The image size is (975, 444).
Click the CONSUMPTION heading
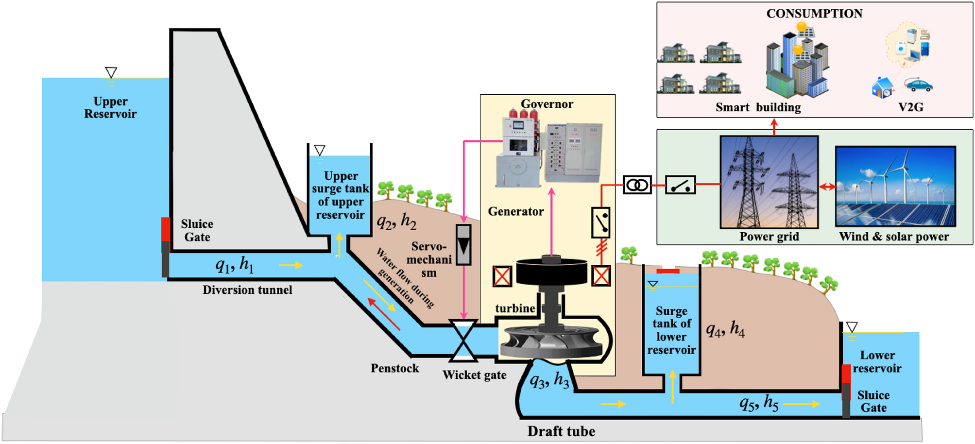[814, 13]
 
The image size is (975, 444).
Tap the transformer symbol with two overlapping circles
[637, 185]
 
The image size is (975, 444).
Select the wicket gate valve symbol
[463, 341]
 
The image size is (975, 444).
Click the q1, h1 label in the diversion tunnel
[235, 265]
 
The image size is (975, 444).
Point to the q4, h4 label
[725, 330]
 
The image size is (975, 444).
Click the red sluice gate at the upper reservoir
[166, 230]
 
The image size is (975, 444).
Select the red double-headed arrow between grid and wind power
[827, 187]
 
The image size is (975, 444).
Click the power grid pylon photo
[769, 182]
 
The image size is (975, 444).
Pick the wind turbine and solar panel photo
[895, 187]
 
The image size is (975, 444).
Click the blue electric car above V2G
[919, 85]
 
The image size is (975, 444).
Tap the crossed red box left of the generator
[502, 276]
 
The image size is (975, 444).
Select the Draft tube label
[561, 431]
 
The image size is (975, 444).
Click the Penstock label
[394, 368]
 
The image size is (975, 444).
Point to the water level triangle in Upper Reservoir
[111, 72]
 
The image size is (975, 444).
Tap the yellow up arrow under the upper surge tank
[339, 243]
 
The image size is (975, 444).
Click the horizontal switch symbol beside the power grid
[680, 185]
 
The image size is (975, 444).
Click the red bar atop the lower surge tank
[668, 271]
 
